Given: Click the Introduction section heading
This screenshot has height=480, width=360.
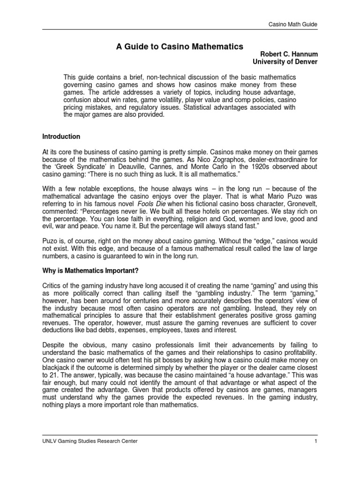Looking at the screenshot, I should click(61, 137).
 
